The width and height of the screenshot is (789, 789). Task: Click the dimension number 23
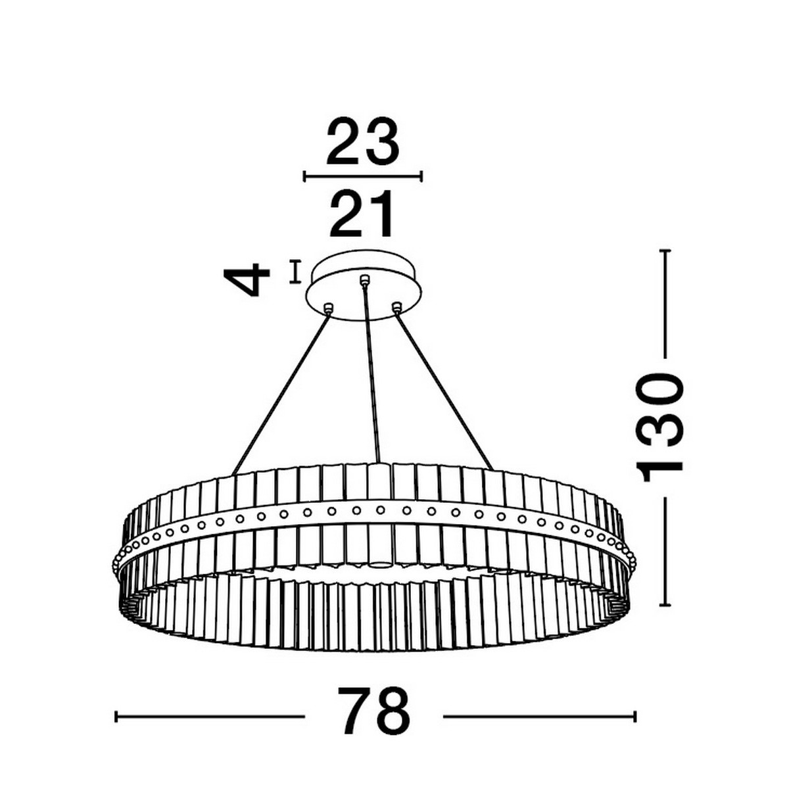click(x=362, y=142)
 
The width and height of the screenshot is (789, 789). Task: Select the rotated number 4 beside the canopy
click(x=247, y=279)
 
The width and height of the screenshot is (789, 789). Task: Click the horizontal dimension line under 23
click(x=362, y=176)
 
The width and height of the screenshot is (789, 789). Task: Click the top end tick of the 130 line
click(x=664, y=250)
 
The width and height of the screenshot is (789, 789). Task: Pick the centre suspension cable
click(x=371, y=373)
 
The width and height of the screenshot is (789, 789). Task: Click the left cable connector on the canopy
click(x=329, y=308)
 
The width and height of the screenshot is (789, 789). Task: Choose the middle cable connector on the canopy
click(x=363, y=280)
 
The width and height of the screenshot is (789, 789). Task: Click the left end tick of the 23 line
click(x=304, y=176)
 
